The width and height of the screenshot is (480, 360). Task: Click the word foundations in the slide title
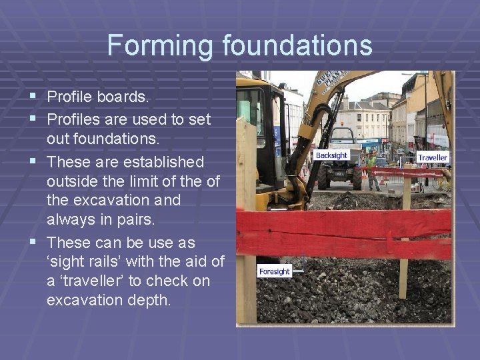tap(297, 45)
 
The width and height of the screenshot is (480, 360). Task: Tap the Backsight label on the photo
tap(331, 155)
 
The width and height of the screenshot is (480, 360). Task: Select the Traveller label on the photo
tap(433, 157)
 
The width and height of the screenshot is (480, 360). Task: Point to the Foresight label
tap(275, 271)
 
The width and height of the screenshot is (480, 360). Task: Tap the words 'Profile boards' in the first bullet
tap(98, 97)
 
